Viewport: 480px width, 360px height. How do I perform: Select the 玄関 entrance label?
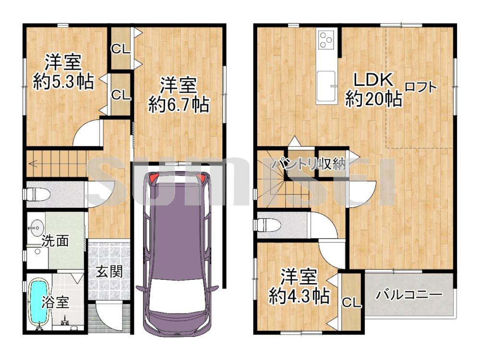point(109,272)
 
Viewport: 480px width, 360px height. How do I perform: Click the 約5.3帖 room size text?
point(63,82)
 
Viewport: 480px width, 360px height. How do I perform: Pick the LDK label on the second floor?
point(373,80)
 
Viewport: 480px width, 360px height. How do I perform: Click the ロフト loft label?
point(421,87)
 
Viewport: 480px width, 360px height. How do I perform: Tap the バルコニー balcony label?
point(409,295)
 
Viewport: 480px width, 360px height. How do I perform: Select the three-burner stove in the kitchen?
point(326,40)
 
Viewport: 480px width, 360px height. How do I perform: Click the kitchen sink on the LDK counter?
point(326,86)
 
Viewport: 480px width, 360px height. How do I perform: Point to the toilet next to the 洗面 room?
point(37,194)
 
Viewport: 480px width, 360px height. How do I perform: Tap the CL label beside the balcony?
point(351,302)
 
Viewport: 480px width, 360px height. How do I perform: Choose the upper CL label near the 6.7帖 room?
point(120,48)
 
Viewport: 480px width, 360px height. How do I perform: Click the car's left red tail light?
point(153,178)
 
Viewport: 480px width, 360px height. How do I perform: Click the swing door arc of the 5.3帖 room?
point(83,129)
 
